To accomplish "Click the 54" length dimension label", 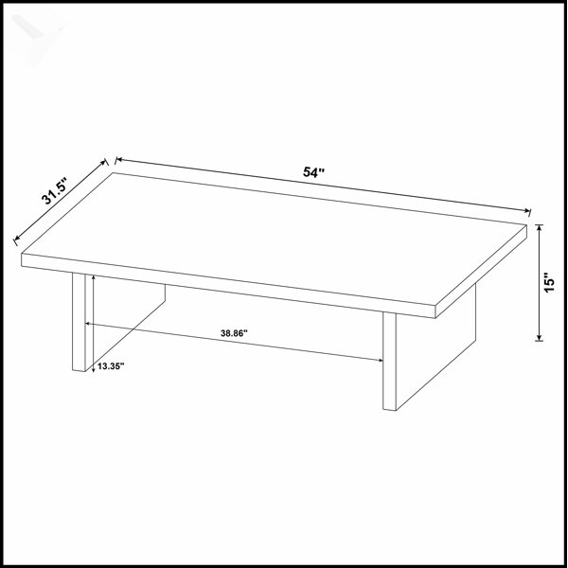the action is coord(313,171).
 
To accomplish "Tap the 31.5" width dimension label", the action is coord(54,191).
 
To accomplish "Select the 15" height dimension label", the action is coord(549,282).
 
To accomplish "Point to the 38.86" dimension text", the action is coord(234,333).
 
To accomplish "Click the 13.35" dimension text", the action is coord(111,366).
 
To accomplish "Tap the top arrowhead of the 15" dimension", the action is coord(540,228).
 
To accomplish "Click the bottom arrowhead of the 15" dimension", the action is coord(540,337).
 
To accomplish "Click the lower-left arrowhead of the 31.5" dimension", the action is coord(17,239).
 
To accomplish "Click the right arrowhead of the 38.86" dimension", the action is coord(381,360).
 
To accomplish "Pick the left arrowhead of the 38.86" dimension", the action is coord(88,324).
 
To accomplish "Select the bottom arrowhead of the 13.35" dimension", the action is coord(94,369).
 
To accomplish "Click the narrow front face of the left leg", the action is coord(79,322).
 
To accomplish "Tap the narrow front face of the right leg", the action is coord(389,361).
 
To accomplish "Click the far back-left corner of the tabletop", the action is coord(114,173).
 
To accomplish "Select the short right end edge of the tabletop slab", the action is coord(481,271).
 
